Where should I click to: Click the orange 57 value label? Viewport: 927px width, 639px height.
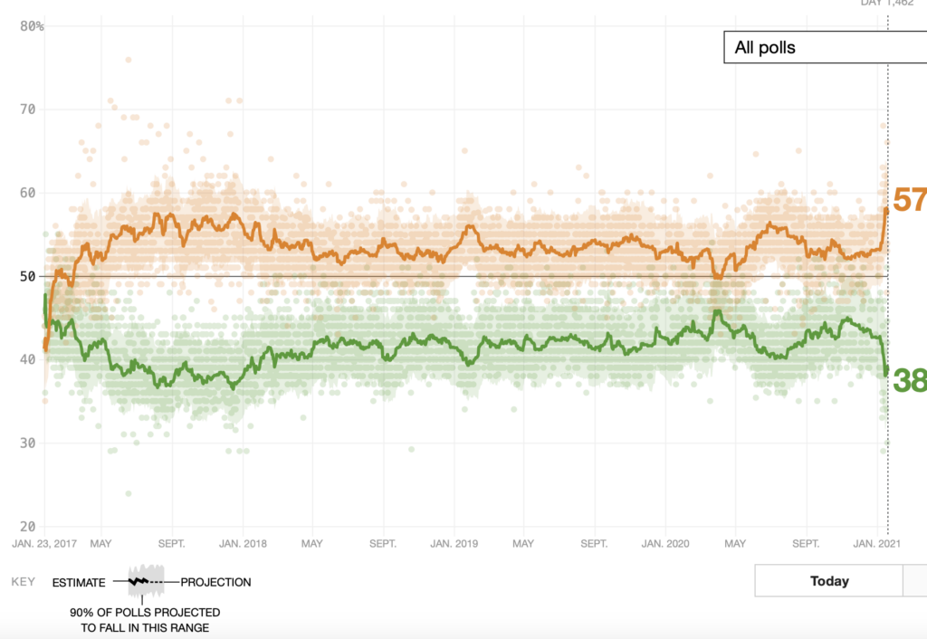(909, 199)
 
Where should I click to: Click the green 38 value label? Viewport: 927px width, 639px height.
(909, 379)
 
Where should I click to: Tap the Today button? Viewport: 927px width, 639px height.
(829, 581)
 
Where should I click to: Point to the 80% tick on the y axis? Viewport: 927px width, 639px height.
(33, 26)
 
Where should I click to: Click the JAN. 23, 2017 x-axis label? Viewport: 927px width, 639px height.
(46, 544)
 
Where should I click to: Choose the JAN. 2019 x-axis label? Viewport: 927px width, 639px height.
(453, 544)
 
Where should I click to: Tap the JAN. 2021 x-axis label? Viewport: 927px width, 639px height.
(876, 544)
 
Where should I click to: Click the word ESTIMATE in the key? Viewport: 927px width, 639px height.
(79, 582)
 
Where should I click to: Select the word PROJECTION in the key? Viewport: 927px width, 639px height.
(215, 582)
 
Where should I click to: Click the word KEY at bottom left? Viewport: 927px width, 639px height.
(23, 582)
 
